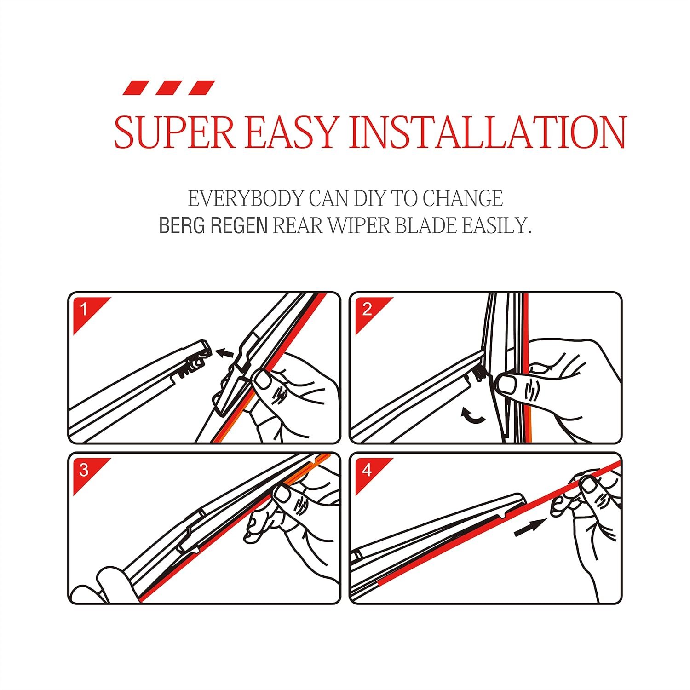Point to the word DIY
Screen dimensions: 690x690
pos(366,199)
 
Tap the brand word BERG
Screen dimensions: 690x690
pos(181,225)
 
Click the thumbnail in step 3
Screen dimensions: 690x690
pos(282,495)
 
